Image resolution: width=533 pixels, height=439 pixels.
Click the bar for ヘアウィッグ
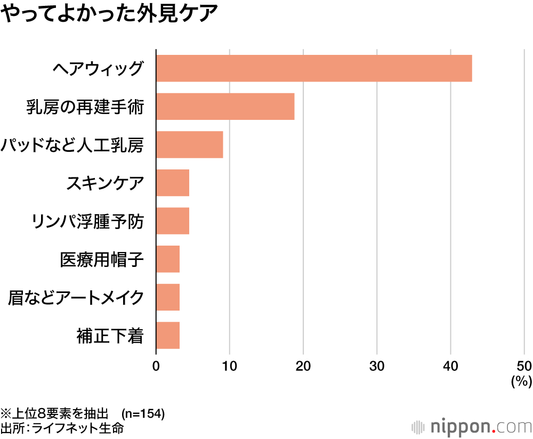314,68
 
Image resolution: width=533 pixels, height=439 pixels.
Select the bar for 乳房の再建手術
225,106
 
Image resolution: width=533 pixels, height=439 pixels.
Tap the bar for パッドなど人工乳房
189,144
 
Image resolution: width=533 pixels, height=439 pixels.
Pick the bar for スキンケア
172,183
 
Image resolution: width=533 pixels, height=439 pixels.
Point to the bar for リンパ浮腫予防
172,221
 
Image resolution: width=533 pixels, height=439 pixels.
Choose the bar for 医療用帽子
168,259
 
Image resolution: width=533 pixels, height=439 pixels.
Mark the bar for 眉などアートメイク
168,297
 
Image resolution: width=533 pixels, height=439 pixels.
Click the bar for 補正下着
168,335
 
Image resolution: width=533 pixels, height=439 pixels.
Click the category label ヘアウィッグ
98,68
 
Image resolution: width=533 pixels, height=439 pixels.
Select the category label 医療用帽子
102,259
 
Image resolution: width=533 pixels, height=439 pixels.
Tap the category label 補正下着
110,336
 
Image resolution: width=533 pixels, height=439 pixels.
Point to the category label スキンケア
105,183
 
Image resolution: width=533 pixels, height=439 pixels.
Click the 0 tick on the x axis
156,367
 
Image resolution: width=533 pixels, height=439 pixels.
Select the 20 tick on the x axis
303,367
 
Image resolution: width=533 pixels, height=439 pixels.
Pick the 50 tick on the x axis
523,367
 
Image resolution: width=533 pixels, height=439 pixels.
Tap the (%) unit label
521,381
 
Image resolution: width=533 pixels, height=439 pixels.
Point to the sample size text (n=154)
143,413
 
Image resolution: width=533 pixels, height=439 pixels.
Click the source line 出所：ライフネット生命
62,428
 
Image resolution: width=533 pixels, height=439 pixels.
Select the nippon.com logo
472,427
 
